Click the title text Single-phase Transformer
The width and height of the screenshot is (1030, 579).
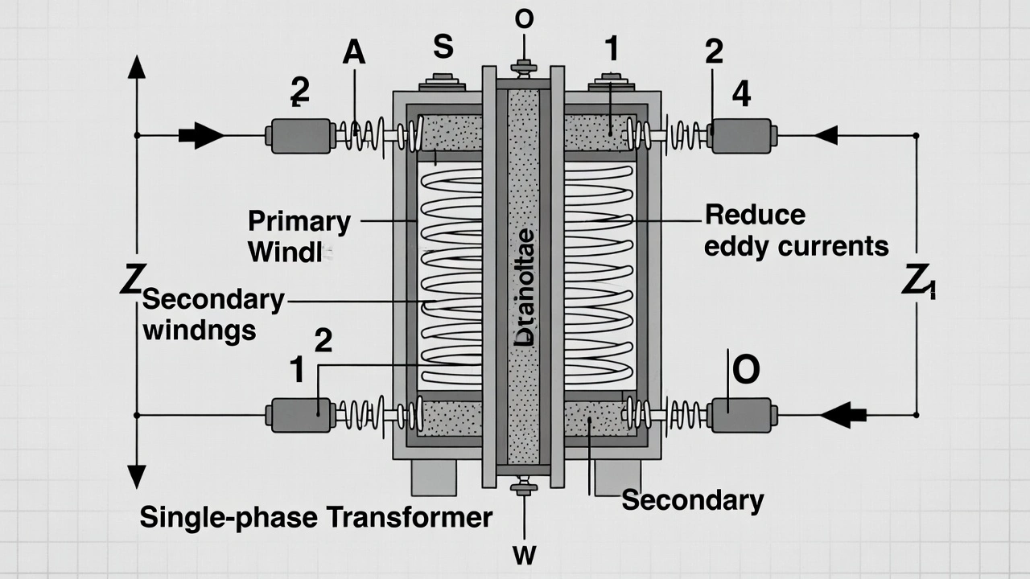(x=315, y=517)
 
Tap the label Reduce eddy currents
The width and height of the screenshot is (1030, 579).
(x=795, y=230)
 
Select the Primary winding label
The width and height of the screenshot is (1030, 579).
(x=299, y=236)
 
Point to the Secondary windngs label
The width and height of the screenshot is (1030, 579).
(x=212, y=314)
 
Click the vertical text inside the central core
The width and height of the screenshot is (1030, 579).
(x=523, y=286)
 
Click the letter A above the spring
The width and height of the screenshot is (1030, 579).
(x=354, y=52)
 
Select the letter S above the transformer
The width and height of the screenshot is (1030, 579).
(x=443, y=47)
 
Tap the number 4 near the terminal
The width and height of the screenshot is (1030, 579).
(x=741, y=95)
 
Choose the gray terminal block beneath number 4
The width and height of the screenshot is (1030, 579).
(x=741, y=135)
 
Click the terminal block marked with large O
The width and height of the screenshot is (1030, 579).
(x=741, y=415)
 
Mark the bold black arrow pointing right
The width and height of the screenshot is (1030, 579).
(x=200, y=135)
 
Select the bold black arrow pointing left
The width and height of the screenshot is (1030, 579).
(x=842, y=415)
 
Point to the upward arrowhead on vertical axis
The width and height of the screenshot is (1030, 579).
(x=137, y=66)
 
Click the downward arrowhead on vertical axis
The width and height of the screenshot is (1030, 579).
(x=137, y=476)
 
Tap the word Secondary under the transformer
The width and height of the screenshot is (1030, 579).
(x=692, y=500)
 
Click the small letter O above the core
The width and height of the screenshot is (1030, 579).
(x=524, y=20)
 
